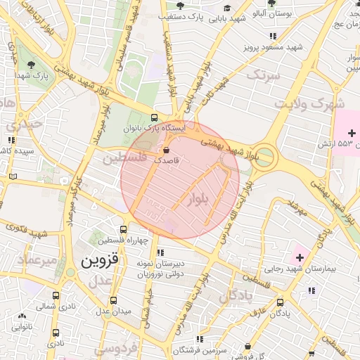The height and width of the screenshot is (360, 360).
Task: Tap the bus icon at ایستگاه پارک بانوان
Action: pyautogui.click(x=155, y=118)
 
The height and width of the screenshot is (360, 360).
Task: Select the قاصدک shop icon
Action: pyautogui.click(x=166, y=150)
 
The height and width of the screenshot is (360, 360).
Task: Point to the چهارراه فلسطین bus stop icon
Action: pyautogui.click(x=124, y=229)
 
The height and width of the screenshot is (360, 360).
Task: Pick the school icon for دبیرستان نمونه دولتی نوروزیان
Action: pyautogui.click(x=160, y=252)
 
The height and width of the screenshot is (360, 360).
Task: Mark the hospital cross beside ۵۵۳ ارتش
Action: pyautogui.click(x=352, y=133)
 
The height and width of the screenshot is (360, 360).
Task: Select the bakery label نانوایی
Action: pyautogui.click(x=20, y=328)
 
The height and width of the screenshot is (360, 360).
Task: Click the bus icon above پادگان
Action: pyautogui.click(x=281, y=302)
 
